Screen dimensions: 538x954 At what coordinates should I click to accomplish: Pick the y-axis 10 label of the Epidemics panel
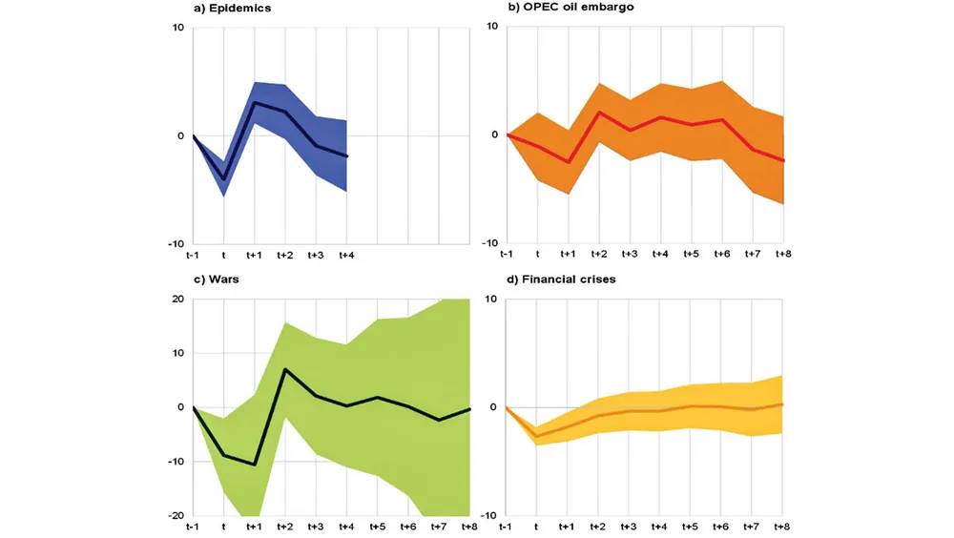click(177, 27)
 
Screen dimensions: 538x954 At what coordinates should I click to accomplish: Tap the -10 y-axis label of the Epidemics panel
click(175, 244)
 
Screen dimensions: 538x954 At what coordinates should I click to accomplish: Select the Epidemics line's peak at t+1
click(255, 102)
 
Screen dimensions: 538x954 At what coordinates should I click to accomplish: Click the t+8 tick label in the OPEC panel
click(783, 256)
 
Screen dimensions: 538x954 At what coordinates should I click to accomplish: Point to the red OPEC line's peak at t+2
click(598, 112)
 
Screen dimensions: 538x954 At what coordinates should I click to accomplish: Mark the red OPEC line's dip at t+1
click(568, 162)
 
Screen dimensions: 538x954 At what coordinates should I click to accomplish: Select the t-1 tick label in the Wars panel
click(193, 527)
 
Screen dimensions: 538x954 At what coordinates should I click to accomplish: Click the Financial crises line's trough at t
click(536, 436)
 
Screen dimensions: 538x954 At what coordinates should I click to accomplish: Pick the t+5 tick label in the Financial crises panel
click(691, 527)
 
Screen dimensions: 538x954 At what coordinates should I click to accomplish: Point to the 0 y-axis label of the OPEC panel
click(493, 134)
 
